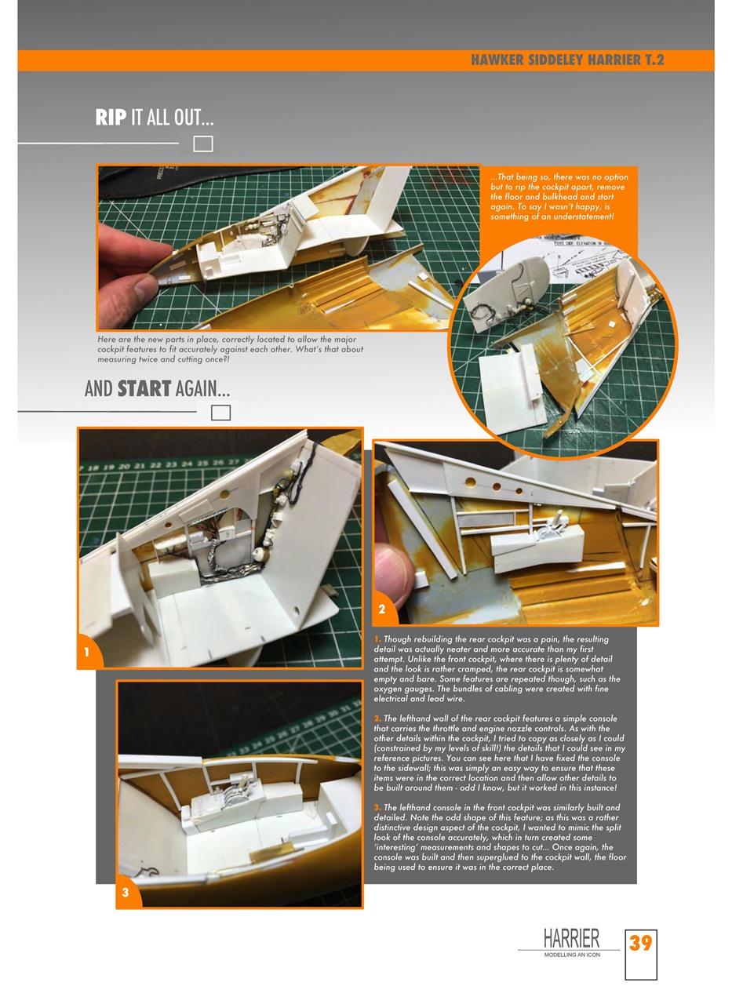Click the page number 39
pyautogui.click(x=640, y=942)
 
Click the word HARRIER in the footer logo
pyautogui.click(x=571, y=938)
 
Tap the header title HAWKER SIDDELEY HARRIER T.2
pyautogui.click(x=567, y=60)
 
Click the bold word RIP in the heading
pyautogui.click(x=111, y=118)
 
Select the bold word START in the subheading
pyautogui.click(x=144, y=388)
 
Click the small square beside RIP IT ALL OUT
pyautogui.click(x=203, y=144)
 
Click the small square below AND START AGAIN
pyautogui.click(x=220, y=413)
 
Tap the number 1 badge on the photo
pyautogui.click(x=87, y=653)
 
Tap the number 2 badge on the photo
pyautogui.click(x=382, y=609)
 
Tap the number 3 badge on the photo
pyautogui.click(x=126, y=893)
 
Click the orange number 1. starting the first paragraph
pyautogui.click(x=377, y=639)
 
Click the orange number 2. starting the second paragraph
pyautogui.click(x=377, y=718)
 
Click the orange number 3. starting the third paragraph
pyautogui.click(x=377, y=808)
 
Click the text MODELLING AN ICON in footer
pyautogui.click(x=572, y=955)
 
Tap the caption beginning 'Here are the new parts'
pyautogui.click(x=230, y=349)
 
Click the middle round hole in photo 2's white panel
pyautogui.click(x=496, y=487)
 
